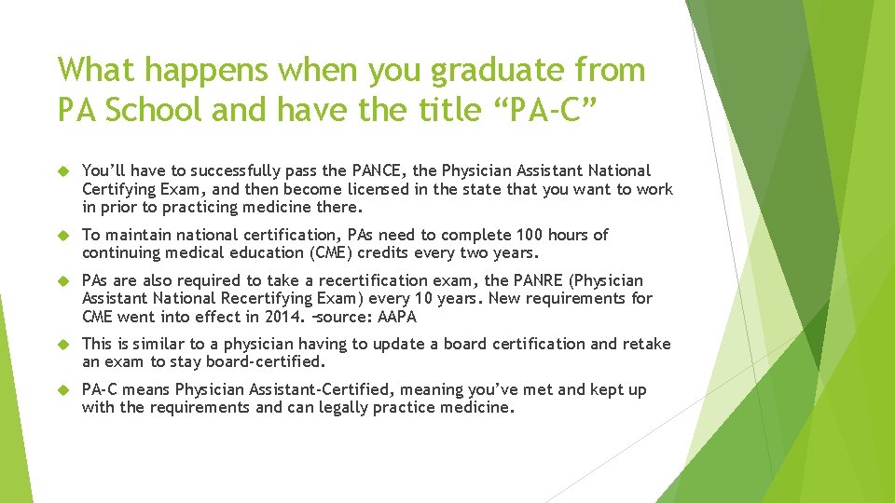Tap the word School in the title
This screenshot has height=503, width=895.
pos(153,110)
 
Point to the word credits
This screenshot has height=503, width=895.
pos(379,252)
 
